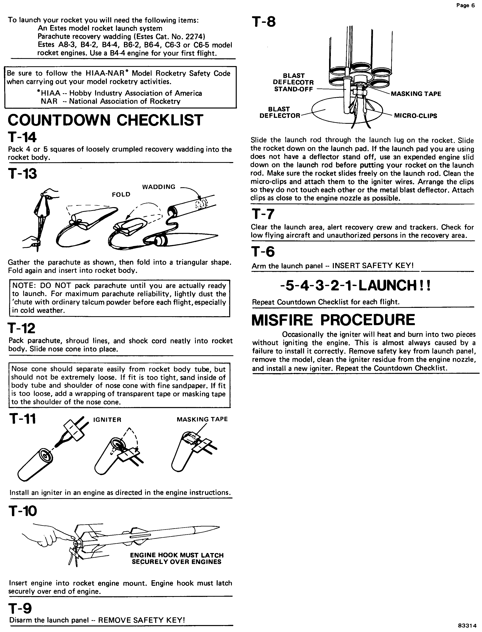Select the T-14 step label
click(22, 138)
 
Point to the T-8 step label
click(263, 22)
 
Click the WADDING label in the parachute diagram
click(159, 187)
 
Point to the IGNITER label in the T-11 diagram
click(107, 420)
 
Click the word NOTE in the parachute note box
click(23, 286)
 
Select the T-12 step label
click(22, 328)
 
